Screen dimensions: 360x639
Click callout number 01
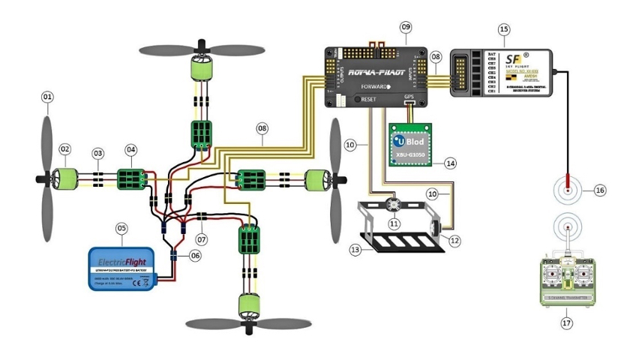(47, 97)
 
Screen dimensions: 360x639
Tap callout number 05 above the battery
(122, 227)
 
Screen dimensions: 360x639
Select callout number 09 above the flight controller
(406, 27)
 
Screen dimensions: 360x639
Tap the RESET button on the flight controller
(358, 99)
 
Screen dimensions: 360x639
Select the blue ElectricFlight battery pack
(121, 267)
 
